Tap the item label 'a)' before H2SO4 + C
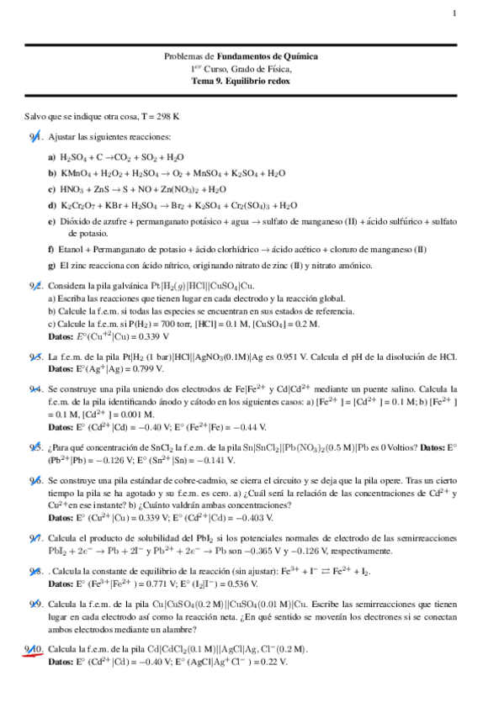tap(52, 157)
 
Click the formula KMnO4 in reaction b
tap(76, 173)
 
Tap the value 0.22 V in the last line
tap(275, 662)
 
